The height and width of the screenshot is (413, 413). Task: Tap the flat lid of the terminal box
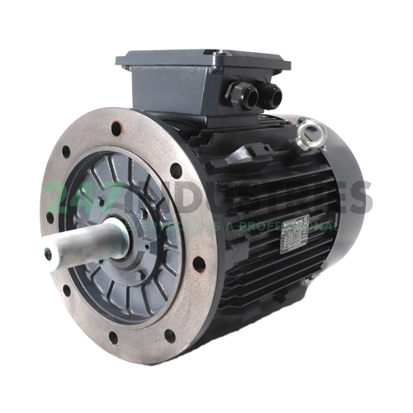click(202, 59)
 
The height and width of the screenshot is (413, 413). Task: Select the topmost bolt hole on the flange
click(116, 128)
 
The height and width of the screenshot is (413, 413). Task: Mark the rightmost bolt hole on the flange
click(199, 264)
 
